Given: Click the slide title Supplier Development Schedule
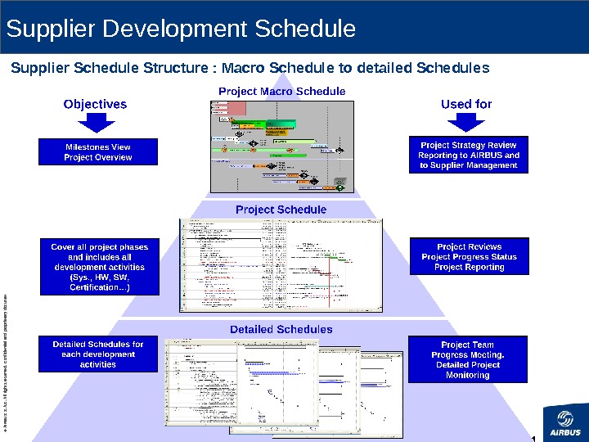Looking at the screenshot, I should (181, 29).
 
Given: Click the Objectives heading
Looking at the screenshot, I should (96, 104).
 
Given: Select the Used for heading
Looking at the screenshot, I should (466, 104).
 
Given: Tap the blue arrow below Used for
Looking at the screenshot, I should (466, 122).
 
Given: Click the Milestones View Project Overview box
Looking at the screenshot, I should (98, 152).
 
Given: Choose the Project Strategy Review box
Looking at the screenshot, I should (468, 155).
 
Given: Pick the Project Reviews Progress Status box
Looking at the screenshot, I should (469, 256).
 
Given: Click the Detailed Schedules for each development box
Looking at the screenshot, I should (98, 354).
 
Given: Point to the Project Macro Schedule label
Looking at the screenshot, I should (281, 91).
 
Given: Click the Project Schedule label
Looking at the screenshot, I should (281, 210).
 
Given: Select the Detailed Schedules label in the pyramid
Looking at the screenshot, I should (281, 329).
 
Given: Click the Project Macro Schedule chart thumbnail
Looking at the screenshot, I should (281, 146).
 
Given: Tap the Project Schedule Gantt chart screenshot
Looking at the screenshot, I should (281, 264).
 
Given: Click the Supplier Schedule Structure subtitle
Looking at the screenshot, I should (250, 67).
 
